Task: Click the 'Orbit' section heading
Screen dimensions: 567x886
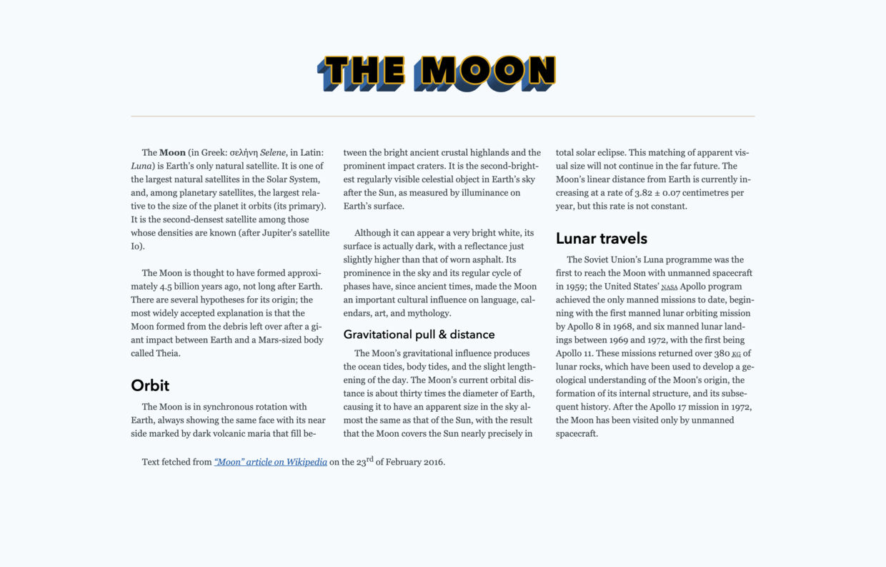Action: [x=150, y=385]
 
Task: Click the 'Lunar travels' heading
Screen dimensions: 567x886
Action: [x=601, y=238]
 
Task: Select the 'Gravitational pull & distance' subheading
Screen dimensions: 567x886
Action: [x=419, y=334]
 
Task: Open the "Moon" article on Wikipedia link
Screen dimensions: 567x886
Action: [x=270, y=462]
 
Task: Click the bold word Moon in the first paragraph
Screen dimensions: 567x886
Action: [x=172, y=152]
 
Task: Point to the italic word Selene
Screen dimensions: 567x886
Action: [x=273, y=152]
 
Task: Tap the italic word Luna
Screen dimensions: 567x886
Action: [x=141, y=166]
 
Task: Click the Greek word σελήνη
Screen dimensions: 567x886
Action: [x=244, y=152]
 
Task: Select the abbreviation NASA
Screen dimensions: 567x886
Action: [x=670, y=287]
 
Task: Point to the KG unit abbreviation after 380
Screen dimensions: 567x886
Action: [x=736, y=354]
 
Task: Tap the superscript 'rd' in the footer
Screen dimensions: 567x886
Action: [x=370, y=459]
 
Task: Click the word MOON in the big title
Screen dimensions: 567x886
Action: [x=487, y=73]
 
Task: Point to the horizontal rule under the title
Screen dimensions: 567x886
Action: [x=442, y=116]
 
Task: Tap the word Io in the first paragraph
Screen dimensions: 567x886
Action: [x=136, y=246]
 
